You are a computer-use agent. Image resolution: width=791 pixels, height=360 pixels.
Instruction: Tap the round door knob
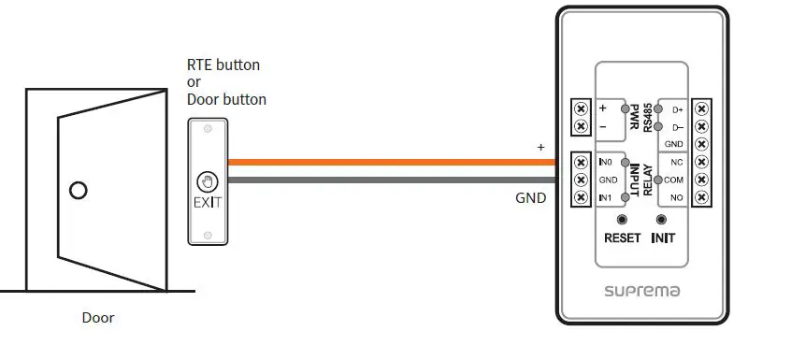79,191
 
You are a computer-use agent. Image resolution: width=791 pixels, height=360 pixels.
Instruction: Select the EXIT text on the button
207,201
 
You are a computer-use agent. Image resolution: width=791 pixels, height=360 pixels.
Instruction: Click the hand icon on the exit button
207,181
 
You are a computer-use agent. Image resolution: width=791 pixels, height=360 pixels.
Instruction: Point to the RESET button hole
622,221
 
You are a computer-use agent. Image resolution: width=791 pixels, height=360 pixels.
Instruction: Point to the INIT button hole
663,221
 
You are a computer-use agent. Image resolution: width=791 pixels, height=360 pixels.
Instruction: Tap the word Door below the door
98,318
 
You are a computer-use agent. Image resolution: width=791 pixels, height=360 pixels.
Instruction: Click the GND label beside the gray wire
530,198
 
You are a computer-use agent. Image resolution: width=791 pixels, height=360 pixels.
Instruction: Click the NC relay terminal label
677,162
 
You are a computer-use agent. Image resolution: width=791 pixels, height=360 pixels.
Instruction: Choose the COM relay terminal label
674,180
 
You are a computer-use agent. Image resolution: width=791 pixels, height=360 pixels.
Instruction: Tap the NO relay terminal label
677,197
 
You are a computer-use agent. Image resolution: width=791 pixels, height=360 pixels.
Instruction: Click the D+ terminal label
678,109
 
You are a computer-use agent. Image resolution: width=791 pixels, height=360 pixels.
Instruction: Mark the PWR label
633,116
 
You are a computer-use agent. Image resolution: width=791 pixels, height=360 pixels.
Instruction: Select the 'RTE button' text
223,65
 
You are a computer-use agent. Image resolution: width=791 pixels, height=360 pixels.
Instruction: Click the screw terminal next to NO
703,197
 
